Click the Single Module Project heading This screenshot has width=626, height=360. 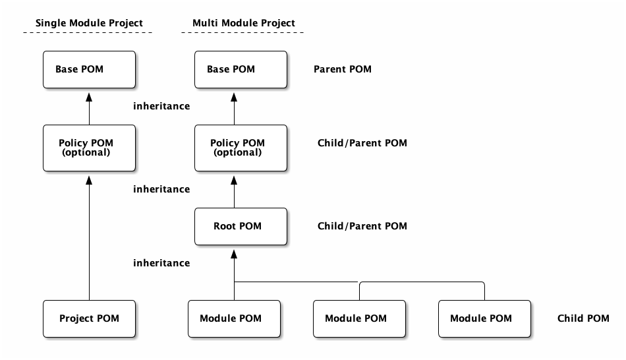coord(89,23)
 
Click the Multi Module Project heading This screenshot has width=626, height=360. coord(244,23)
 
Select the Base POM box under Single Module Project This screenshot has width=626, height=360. coord(89,69)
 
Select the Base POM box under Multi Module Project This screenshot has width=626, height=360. coord(241,69)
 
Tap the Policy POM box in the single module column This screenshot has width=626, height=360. coord(89,148)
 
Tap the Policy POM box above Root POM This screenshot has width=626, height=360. coord(241,148)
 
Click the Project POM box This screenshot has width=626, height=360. coord(89,318)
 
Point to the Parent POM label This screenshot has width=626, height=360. coord(343,69)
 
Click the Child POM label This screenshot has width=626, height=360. coord(583,318)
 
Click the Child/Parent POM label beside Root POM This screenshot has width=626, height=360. coord(362,226)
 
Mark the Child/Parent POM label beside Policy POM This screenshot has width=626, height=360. coord(362,143)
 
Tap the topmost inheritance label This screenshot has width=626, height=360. coord(161,106)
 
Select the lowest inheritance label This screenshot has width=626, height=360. coord(161,263)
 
